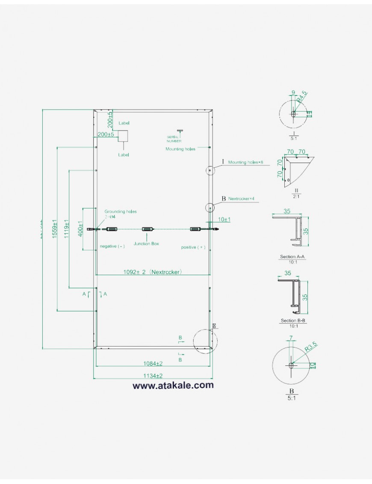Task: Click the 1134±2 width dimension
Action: pos(153,376)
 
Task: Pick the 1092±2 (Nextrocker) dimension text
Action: pos(153,271)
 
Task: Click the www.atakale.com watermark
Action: pos(173,385)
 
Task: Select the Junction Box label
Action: pos(146,243)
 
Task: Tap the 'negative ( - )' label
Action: pos(112,247)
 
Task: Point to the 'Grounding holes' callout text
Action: pos(121,211)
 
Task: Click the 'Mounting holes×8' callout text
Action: pos(245,163)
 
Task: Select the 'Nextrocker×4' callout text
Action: pos(242,199)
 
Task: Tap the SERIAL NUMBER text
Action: pos(174,139)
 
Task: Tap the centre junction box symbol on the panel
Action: pos(146,229)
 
